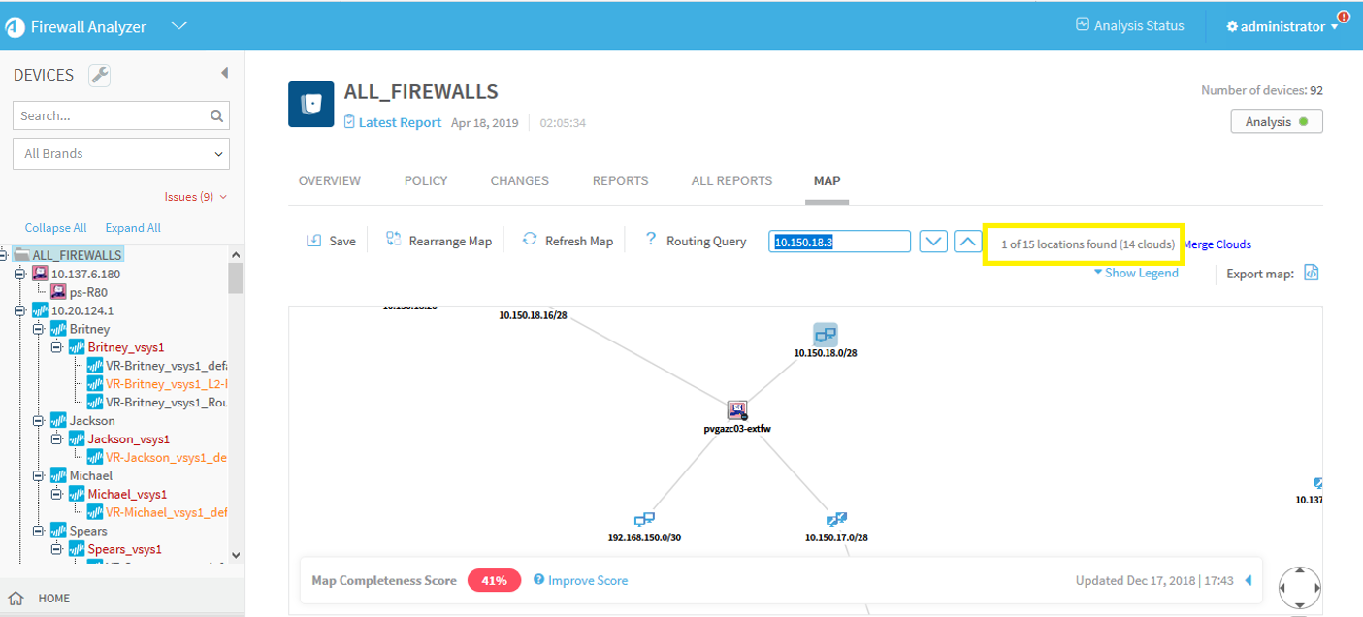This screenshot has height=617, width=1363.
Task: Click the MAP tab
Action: [827, 180]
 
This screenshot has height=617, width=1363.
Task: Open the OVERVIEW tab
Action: [329, 180]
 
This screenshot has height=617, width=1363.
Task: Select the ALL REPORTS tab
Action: [731, 180]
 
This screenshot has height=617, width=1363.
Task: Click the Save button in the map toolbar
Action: [332, 241]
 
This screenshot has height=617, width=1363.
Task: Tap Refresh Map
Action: [568, 241]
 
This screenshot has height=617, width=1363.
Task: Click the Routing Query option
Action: [697, 241]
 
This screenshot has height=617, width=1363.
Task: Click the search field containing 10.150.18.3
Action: [840, 242]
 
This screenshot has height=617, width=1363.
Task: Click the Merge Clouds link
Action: [1217, 244]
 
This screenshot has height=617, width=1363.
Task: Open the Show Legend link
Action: [1136, 273]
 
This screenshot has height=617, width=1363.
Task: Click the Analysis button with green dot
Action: [1277, 122]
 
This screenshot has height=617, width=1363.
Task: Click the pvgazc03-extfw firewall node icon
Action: [737, 409]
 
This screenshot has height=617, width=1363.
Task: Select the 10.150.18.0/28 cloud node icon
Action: [825, 335]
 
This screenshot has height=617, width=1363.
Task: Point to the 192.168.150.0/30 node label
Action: [644, 536]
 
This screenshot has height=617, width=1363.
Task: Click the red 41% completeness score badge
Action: [494, 580]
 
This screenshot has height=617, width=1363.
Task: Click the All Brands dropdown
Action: [121, 153]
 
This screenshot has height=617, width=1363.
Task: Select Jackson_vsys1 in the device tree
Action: [125, 439]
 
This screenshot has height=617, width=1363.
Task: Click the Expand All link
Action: [133, 228]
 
